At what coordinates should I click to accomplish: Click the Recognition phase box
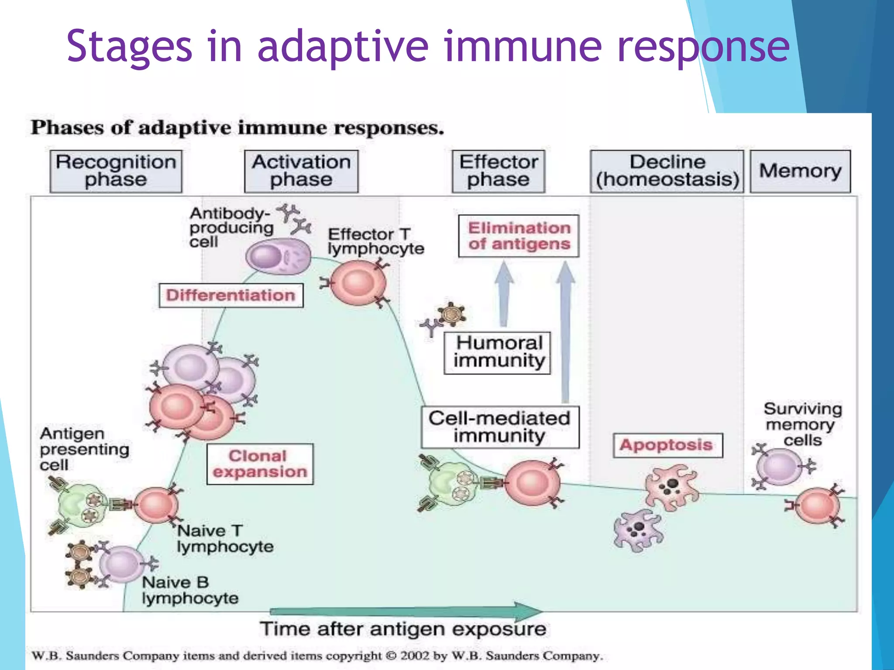pyautogui.click(x=116, y=171)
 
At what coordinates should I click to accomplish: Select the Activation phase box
pyautogui.click(x=301, y=171)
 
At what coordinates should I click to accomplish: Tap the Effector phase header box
pyautogui.click(x=499, y=171)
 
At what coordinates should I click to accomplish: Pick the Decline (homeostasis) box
pyautogui.click(x=667, y=171)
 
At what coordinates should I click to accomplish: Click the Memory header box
pyautogui.click(x=800, y=171)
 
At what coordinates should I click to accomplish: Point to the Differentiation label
pyautogui.click(x=231, y=295)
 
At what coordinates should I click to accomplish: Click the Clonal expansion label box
pyautogui.click(x=260, y=464)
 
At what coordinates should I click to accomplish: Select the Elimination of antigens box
pyautogui.click(x=519, y=236)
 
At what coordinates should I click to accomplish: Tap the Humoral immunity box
pyautogui.click(x=497, y=353)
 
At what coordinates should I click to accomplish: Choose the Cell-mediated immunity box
pyautogui.click(x=500, y=427)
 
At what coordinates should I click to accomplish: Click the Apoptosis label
pyautogui.click(x=667, y=445)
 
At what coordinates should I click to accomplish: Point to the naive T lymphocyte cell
pyautogui.click(x=156, y=505)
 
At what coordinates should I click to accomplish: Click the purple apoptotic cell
pyautogui.click(x=638, y=530)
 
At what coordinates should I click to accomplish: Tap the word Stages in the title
pyautogui.click(x=129, y=46)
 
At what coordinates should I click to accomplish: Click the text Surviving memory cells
pyautogui.click(x=802, y=424)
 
